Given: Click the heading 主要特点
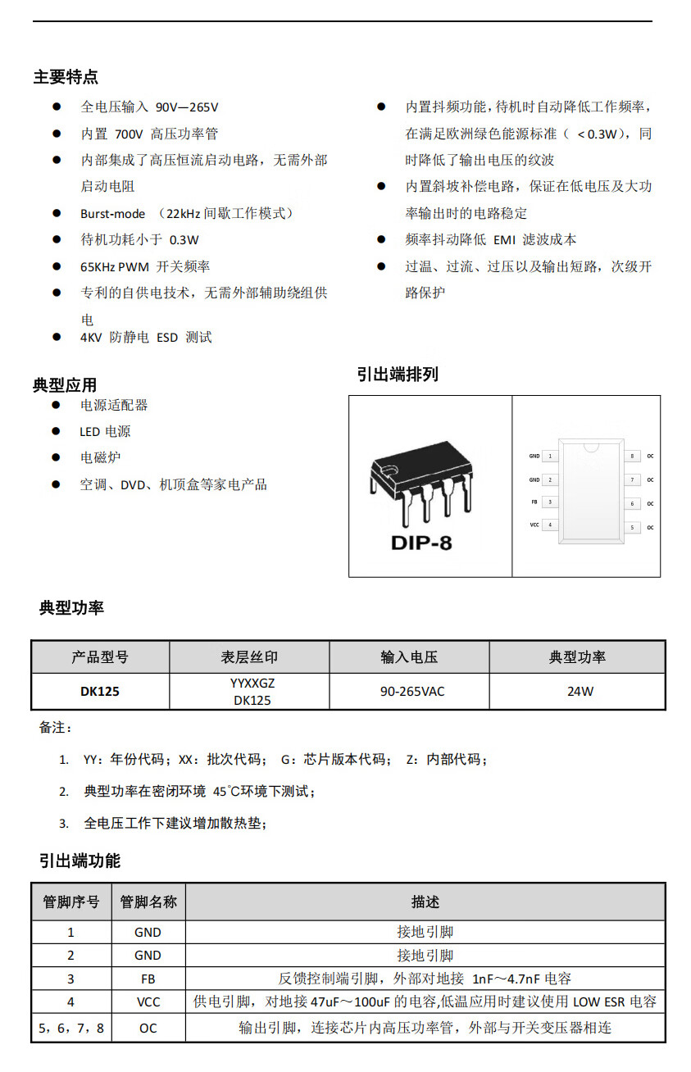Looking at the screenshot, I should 66,77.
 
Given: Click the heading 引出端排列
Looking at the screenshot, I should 398,375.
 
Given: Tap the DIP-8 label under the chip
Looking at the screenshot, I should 421,543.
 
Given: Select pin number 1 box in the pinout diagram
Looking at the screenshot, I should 550,456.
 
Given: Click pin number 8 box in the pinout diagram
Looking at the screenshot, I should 632,456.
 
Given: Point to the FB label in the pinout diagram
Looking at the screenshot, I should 534,502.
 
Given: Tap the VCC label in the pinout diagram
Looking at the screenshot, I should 534,525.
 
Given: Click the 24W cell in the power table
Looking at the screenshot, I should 580,692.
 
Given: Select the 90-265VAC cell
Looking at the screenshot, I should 411,692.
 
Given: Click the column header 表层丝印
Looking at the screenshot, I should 249,657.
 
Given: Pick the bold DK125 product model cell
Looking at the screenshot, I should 100,692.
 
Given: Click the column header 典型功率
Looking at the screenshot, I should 577,657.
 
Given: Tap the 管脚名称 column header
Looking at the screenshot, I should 148,902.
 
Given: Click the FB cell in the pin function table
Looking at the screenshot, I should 148,979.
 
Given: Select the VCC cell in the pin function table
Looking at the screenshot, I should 148,1002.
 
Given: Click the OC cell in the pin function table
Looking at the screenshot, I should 148,1028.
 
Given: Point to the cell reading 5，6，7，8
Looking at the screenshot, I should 72,1028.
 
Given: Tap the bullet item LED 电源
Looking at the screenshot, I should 105,431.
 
